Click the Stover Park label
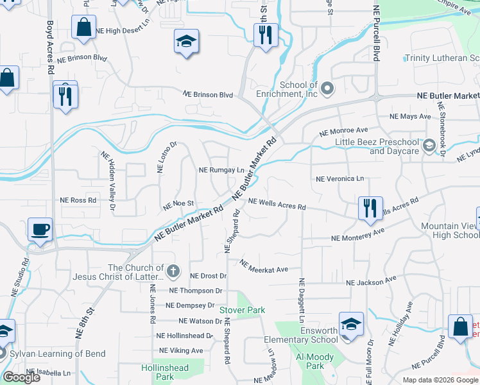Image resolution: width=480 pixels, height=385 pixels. pyautogui.click(x=243, y=310)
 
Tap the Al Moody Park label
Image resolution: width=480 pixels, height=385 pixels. pyautogui.click(x=310, y=361)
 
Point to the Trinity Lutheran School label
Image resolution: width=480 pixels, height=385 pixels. pyautogui.click(x=441, y=58)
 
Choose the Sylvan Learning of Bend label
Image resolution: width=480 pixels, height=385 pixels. pyautogui.click(x=48, y=354)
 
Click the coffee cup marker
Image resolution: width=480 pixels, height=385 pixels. pyautogui.click(x=40, y=229)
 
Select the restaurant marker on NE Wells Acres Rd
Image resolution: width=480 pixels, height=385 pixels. pyautogui.click(x=370, y=208)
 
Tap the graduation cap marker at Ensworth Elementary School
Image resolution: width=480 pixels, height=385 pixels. pyautogui.click(x=350, y=324)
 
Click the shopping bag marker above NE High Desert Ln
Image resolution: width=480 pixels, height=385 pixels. pyautogui.click(x=83, y=28)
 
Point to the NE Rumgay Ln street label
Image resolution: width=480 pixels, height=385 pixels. pyautogui.click(x=222, y=171)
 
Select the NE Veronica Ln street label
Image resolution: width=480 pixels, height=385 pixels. pyautogui.click(x=339, y=178)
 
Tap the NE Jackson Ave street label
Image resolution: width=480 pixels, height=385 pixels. pyautogui.click(x=371, y=281)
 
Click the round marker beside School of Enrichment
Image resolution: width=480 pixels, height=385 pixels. pyautogui.click(x=327, y=88)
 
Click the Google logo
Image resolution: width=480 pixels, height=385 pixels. pyautogui.click(x=21, y=377)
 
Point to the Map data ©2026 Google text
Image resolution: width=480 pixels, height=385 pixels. pyautogui.click(x=440, y=380)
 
